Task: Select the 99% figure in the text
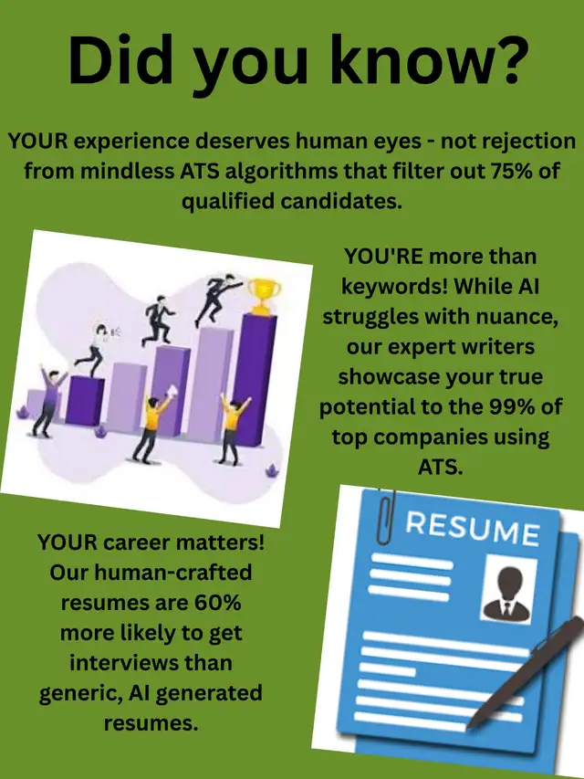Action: coord(515,407)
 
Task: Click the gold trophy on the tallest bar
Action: coord(264,296)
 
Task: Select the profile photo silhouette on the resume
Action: coord(506,594)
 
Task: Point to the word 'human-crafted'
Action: coord(173,573)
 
